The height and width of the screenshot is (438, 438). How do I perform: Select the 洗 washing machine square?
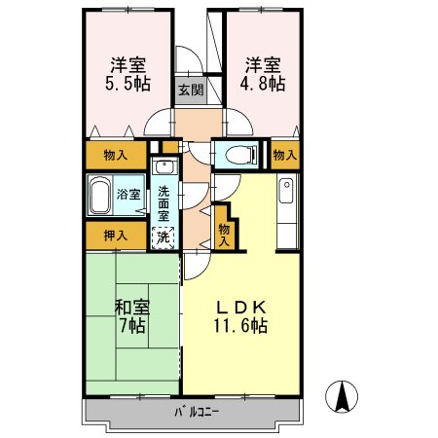coord(164,236)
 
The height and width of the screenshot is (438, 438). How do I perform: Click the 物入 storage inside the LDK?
coord(225,234)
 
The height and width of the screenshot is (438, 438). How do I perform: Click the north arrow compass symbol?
coord(343,398)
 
